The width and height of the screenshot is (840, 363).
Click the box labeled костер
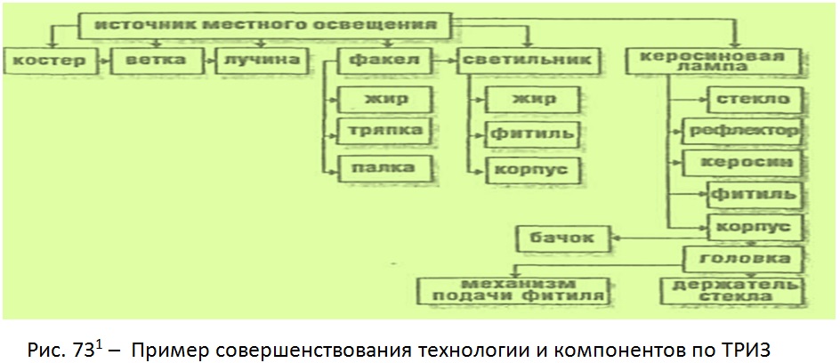click(x=52, y=60)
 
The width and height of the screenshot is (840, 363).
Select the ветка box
click(x=156, y=60)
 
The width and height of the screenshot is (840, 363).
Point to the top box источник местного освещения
click(x=266, y=25)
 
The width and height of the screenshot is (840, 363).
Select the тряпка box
click(x=384, y=131)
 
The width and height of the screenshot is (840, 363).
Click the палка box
click(x=384, y=168)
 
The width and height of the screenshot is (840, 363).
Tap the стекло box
click(x=755, y=100)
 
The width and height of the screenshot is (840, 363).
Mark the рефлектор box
click(x=743, y=131)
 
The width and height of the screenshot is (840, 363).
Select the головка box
click(x=743, y=259)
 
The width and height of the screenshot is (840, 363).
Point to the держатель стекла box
click(x=731, y=291)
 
